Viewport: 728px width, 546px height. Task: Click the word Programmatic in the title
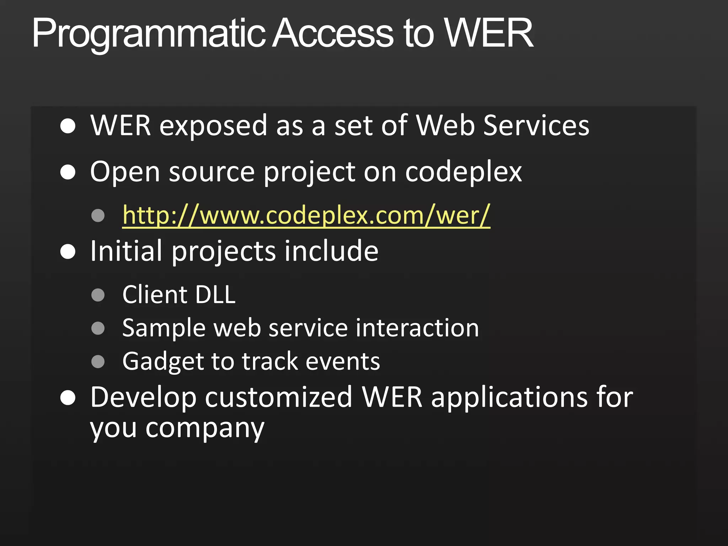[149, 34]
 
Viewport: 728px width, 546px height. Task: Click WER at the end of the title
[488, 33]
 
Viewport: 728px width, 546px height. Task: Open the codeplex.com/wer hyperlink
[306, 215]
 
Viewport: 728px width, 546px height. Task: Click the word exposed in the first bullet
[213, 126]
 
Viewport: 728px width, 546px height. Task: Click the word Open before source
[125, 173]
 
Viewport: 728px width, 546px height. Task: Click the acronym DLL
[215, 295]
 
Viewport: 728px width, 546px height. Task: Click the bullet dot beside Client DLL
[98, 295]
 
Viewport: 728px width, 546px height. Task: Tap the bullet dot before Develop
[68, 398]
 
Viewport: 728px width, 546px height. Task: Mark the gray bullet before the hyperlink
[98, 215]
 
